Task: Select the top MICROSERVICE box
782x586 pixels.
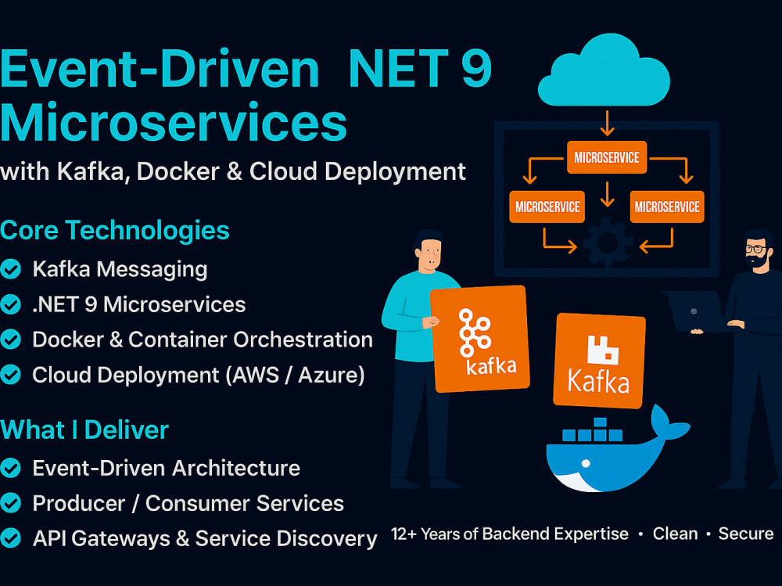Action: tap(607, 157)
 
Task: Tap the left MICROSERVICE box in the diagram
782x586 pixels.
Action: tap(547, 207)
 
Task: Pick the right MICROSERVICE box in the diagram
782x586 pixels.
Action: tap(667, 207)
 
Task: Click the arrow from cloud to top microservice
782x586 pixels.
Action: tap(607, 123)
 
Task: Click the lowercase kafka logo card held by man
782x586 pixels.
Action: tap(479, 339)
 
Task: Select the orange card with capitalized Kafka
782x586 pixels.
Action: tap(599, 361)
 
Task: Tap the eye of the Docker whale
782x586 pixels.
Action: tap(586, 464)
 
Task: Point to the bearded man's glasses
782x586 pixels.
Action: tap(756, 248)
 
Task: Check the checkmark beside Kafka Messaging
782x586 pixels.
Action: tap(10, 269)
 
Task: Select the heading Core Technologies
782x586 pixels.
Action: tap(115, 231)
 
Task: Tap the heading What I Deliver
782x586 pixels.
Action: tap(84, 430)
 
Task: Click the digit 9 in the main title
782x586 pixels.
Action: tap(477, 68)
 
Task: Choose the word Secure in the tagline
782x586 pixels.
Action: tap(745, 534)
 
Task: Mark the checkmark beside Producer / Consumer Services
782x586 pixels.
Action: tap(10, 503)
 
